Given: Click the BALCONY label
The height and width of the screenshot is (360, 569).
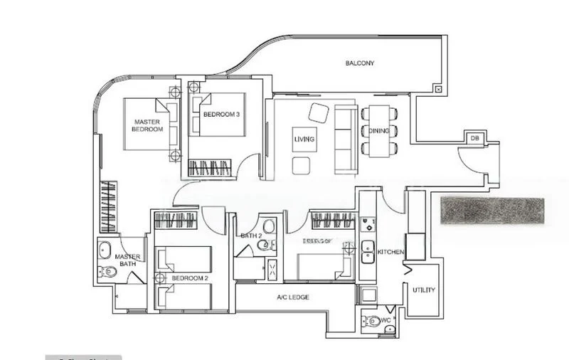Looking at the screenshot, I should tap(360, 63).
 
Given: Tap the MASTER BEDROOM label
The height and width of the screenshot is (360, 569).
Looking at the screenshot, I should tap(147, 125).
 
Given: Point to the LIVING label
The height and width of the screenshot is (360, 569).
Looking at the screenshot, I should tap(304, 139).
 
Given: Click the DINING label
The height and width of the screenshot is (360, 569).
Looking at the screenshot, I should tap(378, 131).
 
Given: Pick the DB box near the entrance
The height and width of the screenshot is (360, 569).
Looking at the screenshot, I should tap(474, 139).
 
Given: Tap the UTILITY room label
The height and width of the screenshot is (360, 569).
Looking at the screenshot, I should tap(424, 290).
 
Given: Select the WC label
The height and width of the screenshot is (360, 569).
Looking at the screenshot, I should tap(386, 321).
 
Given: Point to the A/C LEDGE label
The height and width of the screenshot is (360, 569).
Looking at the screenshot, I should tap(292, 297).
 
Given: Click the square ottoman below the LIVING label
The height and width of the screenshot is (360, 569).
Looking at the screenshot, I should tap(301, 166).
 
